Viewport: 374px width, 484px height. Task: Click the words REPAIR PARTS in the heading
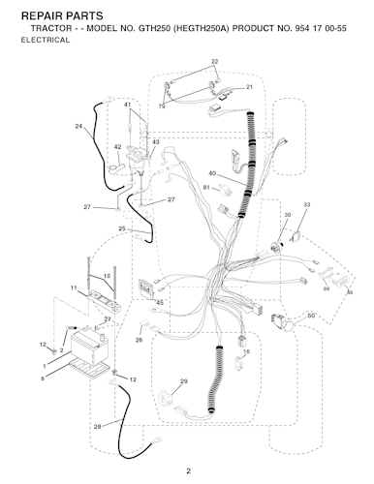pyautogui.click(x=62, y=15)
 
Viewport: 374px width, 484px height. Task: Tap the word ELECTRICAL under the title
pyautogui.click(x=46, y=40)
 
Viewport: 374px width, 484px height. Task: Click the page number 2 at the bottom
pyautogui.click(x=188, y=471)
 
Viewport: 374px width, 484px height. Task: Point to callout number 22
pyautogui.click(x=215, y=61)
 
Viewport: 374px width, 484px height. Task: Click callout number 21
pyautogui.click(x=249, y=87)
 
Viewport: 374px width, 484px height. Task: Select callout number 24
pyautogui.click(x=78, y=126)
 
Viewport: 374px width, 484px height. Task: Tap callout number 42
pyautogui.click(x=117, y=147)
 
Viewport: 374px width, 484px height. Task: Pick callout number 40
pyautogui.click(x=212, y=173)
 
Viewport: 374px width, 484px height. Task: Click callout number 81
pyautogui.click(x=206, y=187)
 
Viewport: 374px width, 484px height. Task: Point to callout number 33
pyautogui.click(x=307, y=204)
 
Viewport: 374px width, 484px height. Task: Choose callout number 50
pyautogui.click(x=311, y=316)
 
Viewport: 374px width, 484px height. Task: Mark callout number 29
pyautogui.click(x=183, y=381)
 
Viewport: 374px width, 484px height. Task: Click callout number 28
pyautogui.click(x=97, y=427)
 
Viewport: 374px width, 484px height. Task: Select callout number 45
pyautogui.click(x=160, y=303)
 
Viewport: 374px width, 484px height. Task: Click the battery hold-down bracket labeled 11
pyautogui.click(x=104, y=300)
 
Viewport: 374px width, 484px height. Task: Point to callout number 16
pyautogui.click(x=246, y=351)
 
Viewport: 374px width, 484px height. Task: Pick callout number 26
pyautogui.click(x=139, y=340)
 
